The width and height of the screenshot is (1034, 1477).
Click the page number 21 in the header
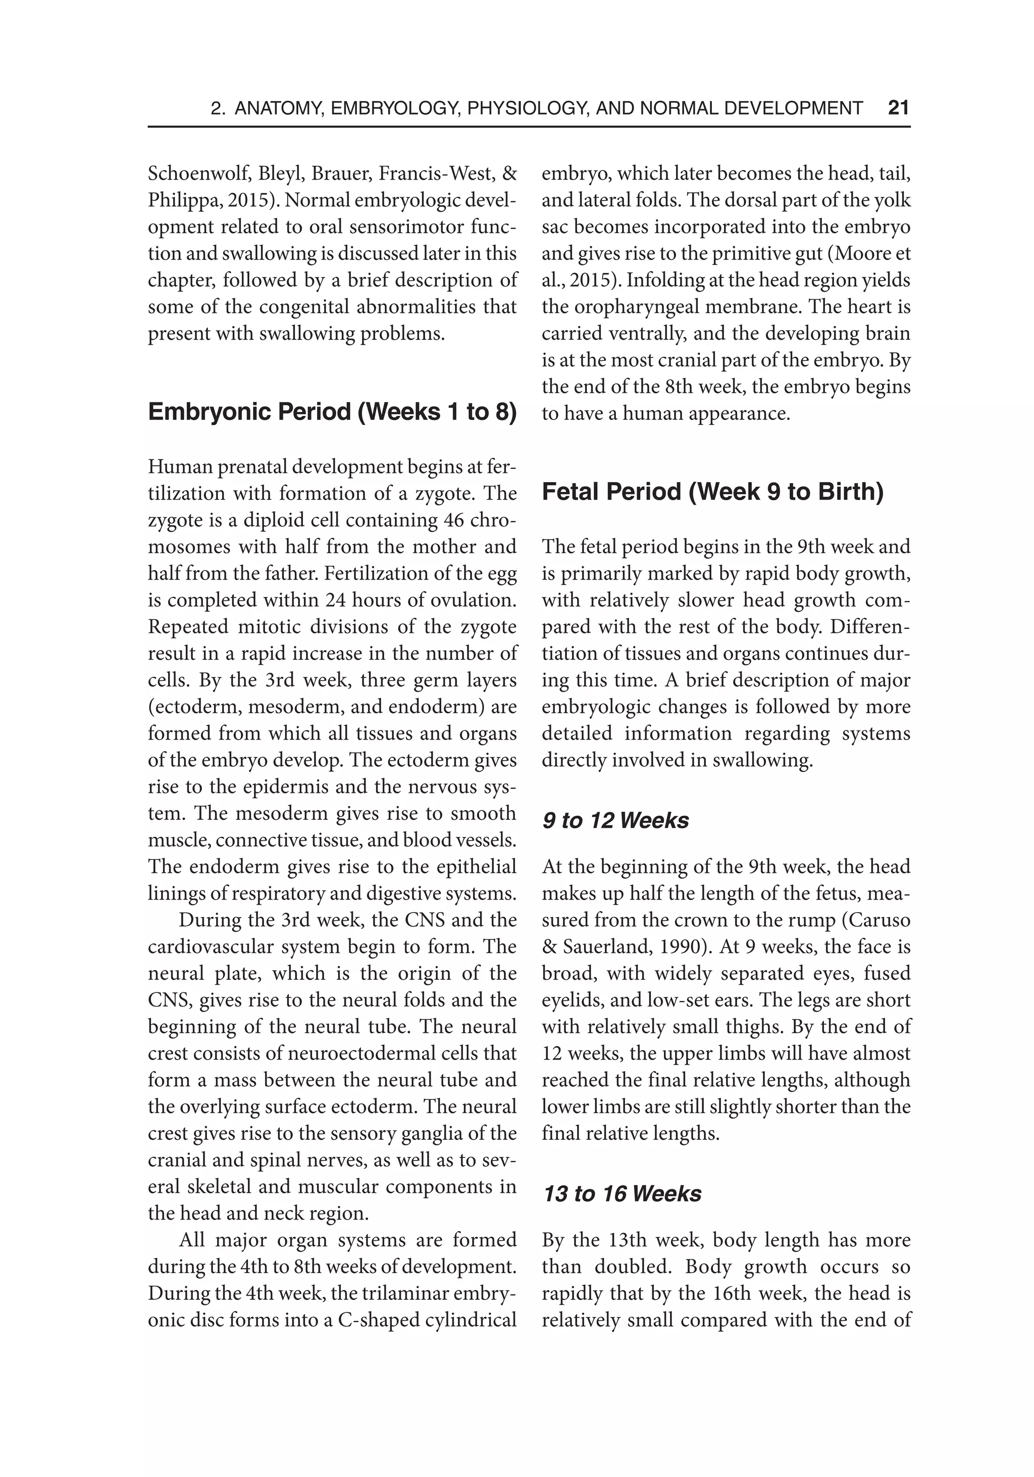tap(898, 108)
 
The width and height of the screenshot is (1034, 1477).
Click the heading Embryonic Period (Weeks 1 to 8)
tap(332, 412)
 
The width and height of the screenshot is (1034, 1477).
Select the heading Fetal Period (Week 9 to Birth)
tap(712, 492)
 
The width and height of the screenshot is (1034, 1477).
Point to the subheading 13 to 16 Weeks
tap(622, 1193)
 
